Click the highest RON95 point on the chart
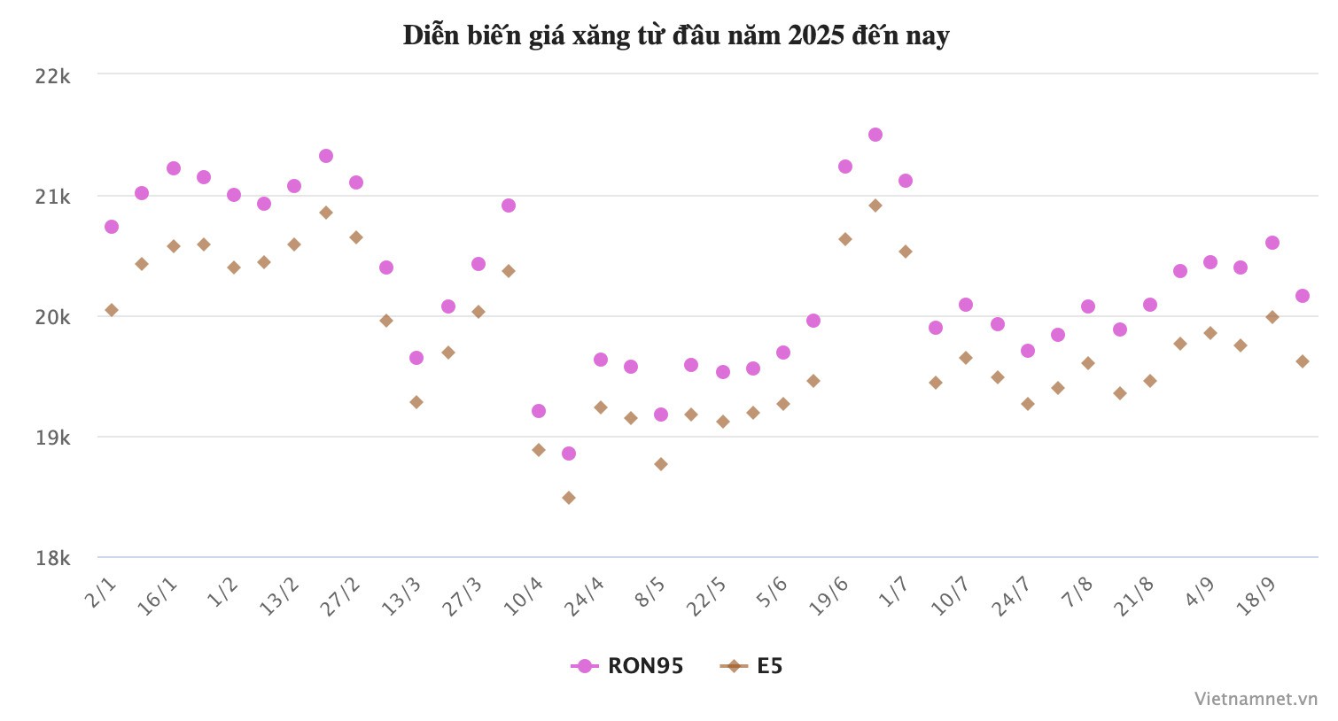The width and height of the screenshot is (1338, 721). point(875,135)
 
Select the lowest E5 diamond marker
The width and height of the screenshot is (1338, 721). point(569,498)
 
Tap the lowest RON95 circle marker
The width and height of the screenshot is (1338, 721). point(569,454)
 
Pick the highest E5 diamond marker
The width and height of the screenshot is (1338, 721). point(875,205)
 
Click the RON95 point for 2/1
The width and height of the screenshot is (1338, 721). point(112,227)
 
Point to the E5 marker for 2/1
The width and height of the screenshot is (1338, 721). point(112,310)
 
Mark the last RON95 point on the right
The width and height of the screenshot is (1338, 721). point(1303,296)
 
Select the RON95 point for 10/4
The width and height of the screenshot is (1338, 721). point(539,411)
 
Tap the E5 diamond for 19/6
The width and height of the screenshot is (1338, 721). point(845,239)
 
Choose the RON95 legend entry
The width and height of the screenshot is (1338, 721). point(628,666)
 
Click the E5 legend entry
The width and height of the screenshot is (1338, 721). point(752,666)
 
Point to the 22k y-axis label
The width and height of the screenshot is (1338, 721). point(52,76)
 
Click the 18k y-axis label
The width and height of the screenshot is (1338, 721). point(52,558)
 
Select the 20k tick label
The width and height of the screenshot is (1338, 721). point(52,317)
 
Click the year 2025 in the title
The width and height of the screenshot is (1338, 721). point(816,35)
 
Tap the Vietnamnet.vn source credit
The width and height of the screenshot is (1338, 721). point(1256,699)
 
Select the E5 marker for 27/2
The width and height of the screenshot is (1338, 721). point(356,237)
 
